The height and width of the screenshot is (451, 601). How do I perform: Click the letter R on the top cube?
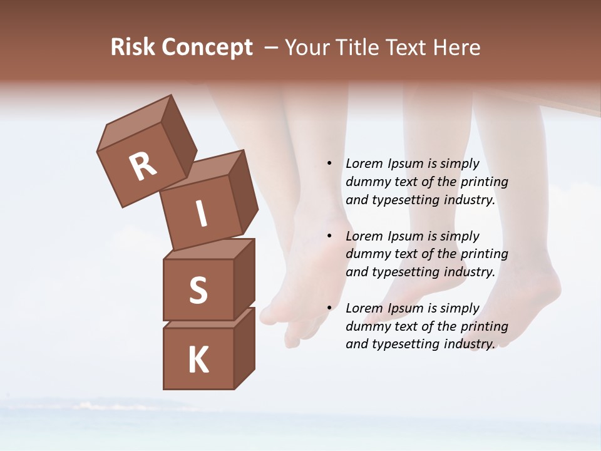click(143, 167)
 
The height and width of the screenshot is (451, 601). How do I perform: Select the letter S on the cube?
click(198, 290)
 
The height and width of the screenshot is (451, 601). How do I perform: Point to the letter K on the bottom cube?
click(198, 360)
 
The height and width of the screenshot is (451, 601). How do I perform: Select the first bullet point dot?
click(329, 164)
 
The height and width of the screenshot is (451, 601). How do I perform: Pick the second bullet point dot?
click(329, 236)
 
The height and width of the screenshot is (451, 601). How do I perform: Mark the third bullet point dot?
click(329, 308)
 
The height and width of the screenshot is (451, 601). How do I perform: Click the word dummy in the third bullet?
click(367, 326)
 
